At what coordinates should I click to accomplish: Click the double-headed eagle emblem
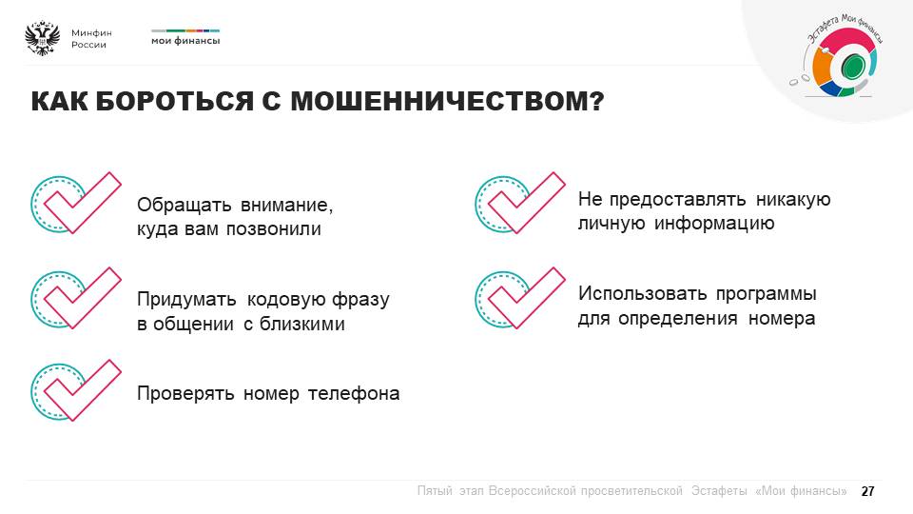(x=43, y=38)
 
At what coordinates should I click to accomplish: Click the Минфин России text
(x=91, y=39)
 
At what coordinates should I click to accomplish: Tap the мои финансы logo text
(x=185, y=41)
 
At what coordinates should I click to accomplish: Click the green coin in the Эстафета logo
(x=853, y=66)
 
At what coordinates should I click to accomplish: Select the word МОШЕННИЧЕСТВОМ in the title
(x=447, y=101)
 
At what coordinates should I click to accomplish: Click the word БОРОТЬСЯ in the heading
(x=174, y=101)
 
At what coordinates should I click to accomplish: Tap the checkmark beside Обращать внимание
(x=76, y=203)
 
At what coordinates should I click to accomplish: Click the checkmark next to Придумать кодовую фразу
(x=76, y=298)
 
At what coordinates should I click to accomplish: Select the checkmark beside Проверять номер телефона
(x=76, y=390)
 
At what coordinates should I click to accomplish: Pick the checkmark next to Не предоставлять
(x=520, y=203)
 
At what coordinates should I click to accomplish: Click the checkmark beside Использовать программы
(x=520, y=298)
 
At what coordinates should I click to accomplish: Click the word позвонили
(x=274, y=229)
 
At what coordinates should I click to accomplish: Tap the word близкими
(x=302, y=324)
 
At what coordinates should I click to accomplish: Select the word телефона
(x=354, y=394)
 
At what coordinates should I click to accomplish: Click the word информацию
(x=714, y=224)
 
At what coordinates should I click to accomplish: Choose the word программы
(x=767, y=295)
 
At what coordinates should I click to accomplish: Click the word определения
(x=678, y=320)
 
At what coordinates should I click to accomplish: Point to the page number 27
(x=867, y=491)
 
